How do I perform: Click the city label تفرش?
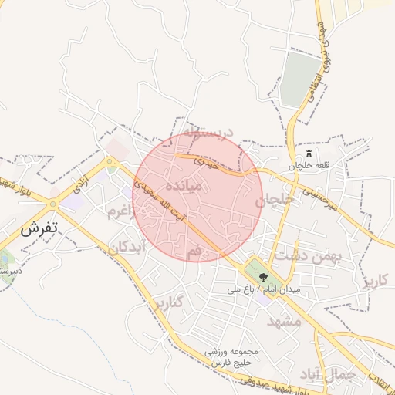tap(40, 230)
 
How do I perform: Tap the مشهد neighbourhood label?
tap(283, 321)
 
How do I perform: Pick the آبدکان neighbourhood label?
tap(126, 248)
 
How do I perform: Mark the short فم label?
tap(194, 252)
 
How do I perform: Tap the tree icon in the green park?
tap(264, 275)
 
